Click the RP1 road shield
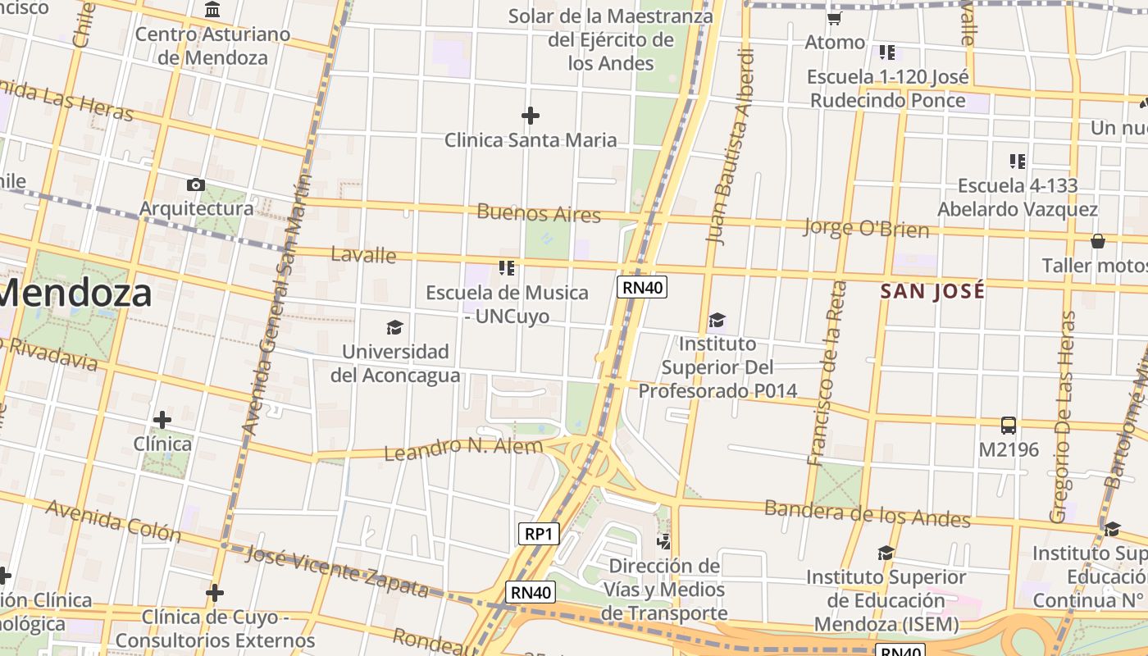click(x=539, y=534)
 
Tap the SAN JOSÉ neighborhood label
click(x=932, y=291)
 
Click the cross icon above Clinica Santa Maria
click(x=531, y=116)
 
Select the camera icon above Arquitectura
click(x=196, y=184)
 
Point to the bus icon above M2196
click(x=1009, y=426)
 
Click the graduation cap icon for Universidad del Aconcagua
click(x=395, y=328)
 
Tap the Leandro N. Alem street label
click(x=463, y=448)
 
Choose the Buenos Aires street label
click(x=539, y=214)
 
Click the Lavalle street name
click(x=363, y=255)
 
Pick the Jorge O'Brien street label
click(x=867, y=228)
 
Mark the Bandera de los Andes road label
click(x=867, y=513)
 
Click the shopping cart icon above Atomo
click(x=835, y=18)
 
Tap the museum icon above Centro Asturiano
click(x=213, y=10)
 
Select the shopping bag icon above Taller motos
click(x=1097, y=241)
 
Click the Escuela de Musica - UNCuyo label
click(x=507, y=303)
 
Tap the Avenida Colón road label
click(x=113, y=520)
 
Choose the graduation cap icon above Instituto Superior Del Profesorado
click(x=717, y=320)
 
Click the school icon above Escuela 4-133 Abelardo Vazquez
click(x=1018, y=161)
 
